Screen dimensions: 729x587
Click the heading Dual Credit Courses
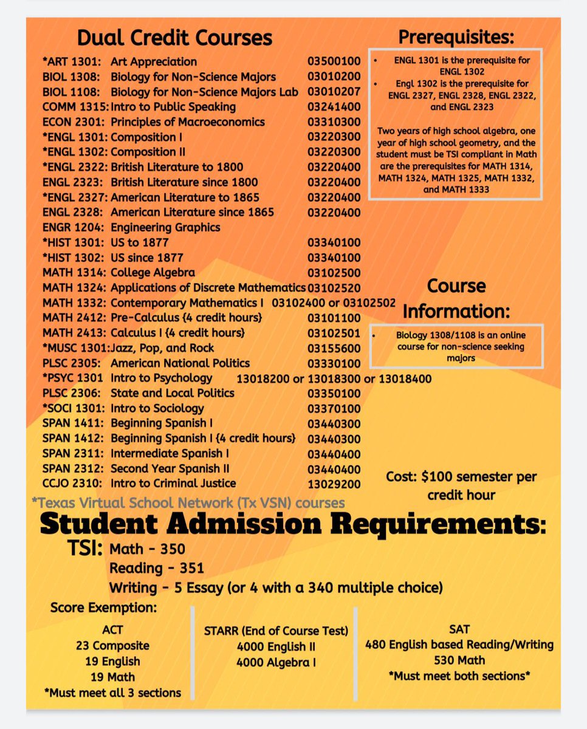click(174, 38)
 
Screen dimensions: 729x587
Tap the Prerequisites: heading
click(456, 37)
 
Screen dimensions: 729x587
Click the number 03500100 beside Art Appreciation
click(334, 62)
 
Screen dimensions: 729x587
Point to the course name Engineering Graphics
click(165, 227)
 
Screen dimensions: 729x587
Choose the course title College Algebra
click(153, 272)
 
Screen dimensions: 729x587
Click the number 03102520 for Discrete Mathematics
click(334, 287)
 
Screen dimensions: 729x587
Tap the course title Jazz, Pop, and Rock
click(162, 348)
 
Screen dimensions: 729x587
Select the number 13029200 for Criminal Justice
click(334, 484)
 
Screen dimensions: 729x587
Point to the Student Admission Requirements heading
click(293, 524)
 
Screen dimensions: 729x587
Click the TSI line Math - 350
click(147, 549)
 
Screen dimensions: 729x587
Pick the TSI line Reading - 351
click(156, 569)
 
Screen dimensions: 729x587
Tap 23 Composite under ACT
click(112, 645)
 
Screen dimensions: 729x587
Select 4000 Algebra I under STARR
click(276, 662)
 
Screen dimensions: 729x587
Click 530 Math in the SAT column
click(459, 660)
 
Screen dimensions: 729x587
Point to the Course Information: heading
click(456, 298)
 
